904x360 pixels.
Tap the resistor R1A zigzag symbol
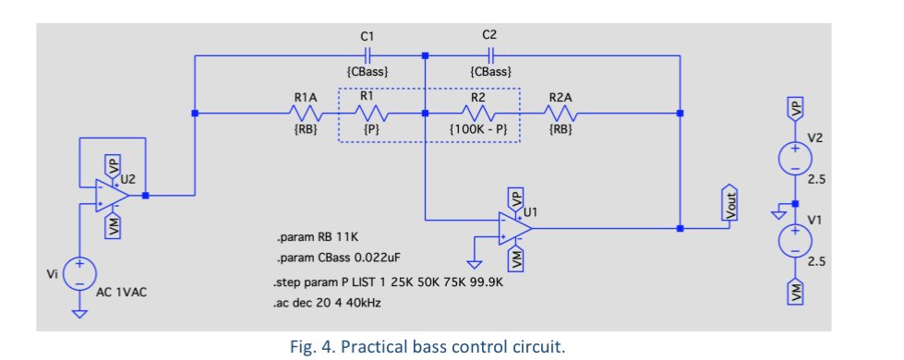(307, 114)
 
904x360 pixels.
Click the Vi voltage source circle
(80, 273)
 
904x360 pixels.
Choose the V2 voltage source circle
(793, 157)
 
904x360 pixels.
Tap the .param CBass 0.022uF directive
(336, 260)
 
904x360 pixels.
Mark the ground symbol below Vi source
(80, 315)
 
